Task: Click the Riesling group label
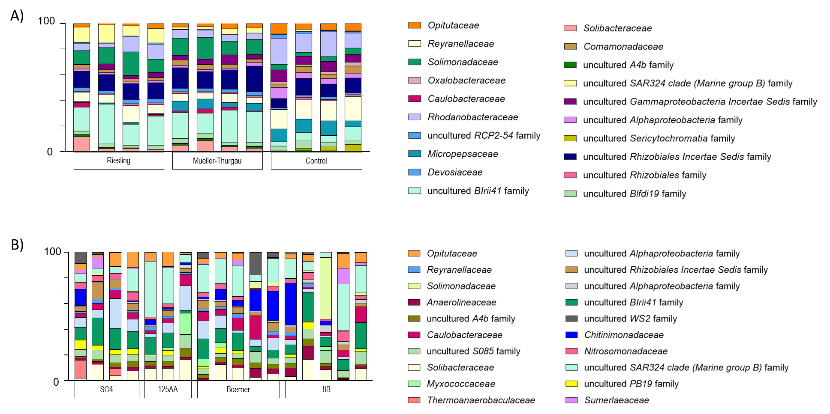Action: click(x=119, y=161)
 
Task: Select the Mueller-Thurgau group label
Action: click(x=217, y=161)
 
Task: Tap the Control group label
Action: click(x=316, y=161)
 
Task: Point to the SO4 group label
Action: click(x=107, y=389)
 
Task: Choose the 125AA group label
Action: click(x=168, y=389)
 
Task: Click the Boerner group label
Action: click(x=238, y=389)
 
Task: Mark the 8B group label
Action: click(x=326, y=389)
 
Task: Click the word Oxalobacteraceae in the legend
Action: click(x=466, y=80)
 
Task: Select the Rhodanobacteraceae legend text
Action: click(x=473, y=117)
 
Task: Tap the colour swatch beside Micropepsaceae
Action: click(x=415, y=154)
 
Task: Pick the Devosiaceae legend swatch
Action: click(x=415, y=172)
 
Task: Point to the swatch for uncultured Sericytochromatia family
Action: click(x=570, y=138)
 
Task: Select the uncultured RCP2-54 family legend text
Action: click(x=484, y=136)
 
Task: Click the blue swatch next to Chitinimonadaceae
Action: click(x=571, y=335)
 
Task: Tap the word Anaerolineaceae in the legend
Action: click(x=461, y=302)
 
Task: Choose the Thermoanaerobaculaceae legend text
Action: click(x=481, y=400)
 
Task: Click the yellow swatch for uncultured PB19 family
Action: click(x=571, y=384)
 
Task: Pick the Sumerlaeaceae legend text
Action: click(x=616, y=400)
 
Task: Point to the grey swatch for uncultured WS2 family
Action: click(x=571, y=319)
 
